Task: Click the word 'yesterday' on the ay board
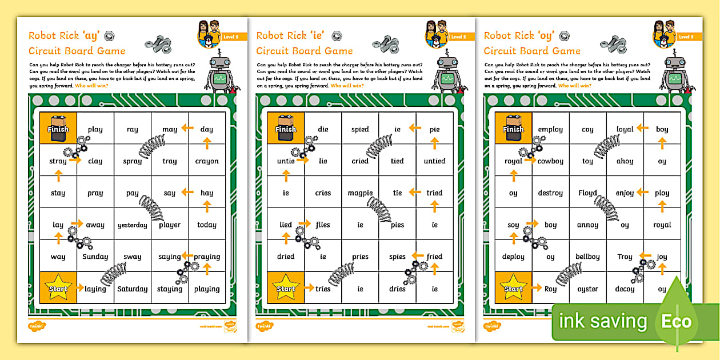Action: [132, 225]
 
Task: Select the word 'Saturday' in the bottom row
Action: [132, 289]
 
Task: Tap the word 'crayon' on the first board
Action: [207, 162]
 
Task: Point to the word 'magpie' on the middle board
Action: [360, 193]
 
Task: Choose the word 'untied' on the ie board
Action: [434, 161]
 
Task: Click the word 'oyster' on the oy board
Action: [587, 289]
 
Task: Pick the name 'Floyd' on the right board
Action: [587, 193]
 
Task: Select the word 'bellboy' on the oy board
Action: [587, 257]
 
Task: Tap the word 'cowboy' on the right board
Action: [551, 162]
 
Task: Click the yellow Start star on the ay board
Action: [58, 287]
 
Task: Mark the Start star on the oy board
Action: [513, 287]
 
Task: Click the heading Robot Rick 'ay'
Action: [63, 35]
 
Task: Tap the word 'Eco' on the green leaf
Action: [677, 322]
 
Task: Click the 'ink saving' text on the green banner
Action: [603, 322]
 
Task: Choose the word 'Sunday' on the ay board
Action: [95, 257]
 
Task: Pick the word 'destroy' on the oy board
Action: [550, 193]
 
